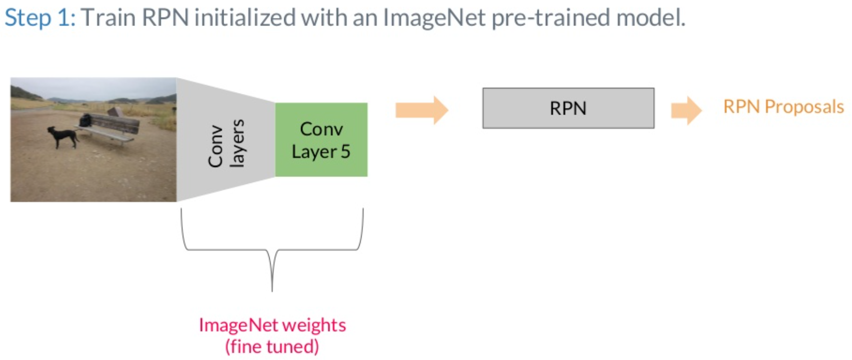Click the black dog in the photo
[x=62, y=136]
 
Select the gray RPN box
[x=568, y=108]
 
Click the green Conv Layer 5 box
[x=321, y=140]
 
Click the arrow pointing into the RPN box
[x=421, y=109]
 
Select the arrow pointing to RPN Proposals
[x=686, y=109]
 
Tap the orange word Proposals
[x=804, y=106]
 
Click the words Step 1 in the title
[x=39, y=18]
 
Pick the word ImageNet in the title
[x=434, y=18]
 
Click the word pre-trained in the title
[x=551, y=18]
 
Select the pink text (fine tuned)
[x=272, y=346]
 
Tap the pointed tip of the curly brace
[x=272, y=290]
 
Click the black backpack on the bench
[x=86, y=120]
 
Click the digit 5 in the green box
[x=345, y=151]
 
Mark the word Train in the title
[x=109, y=18]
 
